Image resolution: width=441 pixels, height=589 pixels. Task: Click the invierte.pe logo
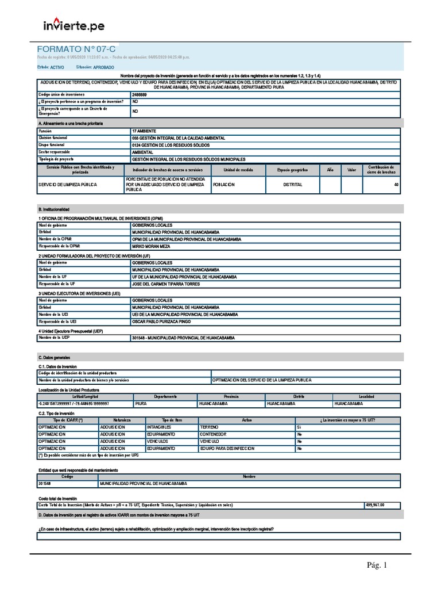(74, 25)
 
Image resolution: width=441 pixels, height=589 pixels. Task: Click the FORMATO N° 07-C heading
(76, 49)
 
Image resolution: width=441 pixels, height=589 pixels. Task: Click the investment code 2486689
(140, 94)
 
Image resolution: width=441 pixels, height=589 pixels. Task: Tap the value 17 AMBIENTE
(144, 131)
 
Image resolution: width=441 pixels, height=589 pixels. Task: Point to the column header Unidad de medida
(235, 170)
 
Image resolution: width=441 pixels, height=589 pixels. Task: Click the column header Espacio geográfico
(292, 170)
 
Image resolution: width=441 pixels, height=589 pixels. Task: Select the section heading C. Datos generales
(54, 357)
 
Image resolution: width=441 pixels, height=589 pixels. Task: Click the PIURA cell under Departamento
(141, 404)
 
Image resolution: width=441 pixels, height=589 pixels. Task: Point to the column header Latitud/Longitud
(84, 396)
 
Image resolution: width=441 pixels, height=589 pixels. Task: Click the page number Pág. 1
(377, 566)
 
